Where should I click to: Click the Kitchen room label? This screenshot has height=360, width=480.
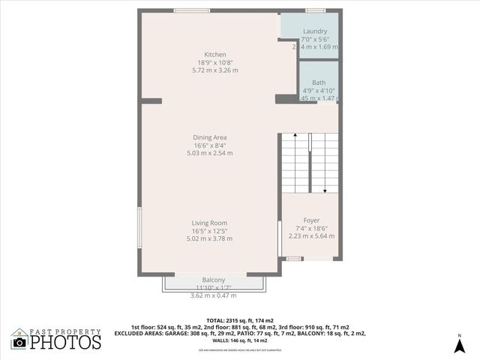215,54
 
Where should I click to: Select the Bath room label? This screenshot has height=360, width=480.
319,82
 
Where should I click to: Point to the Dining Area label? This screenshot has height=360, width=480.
210,137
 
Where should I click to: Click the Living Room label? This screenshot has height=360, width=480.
209,223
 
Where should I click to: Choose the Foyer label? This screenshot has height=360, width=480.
311,220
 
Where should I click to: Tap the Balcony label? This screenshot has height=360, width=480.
213,280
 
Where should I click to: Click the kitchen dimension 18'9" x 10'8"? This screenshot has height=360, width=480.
215,62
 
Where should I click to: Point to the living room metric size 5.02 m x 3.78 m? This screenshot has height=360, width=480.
210,238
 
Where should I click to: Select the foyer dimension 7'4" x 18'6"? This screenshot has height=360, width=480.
311,228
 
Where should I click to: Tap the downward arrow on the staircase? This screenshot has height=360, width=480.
324,191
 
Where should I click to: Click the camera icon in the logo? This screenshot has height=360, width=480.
19,342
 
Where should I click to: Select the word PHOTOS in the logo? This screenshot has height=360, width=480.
65,342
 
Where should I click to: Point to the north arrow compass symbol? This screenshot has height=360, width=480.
459,344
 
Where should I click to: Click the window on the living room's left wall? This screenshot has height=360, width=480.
139,226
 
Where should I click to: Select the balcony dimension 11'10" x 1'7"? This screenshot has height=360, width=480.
213,287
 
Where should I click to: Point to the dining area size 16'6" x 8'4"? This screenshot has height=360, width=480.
210,145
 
